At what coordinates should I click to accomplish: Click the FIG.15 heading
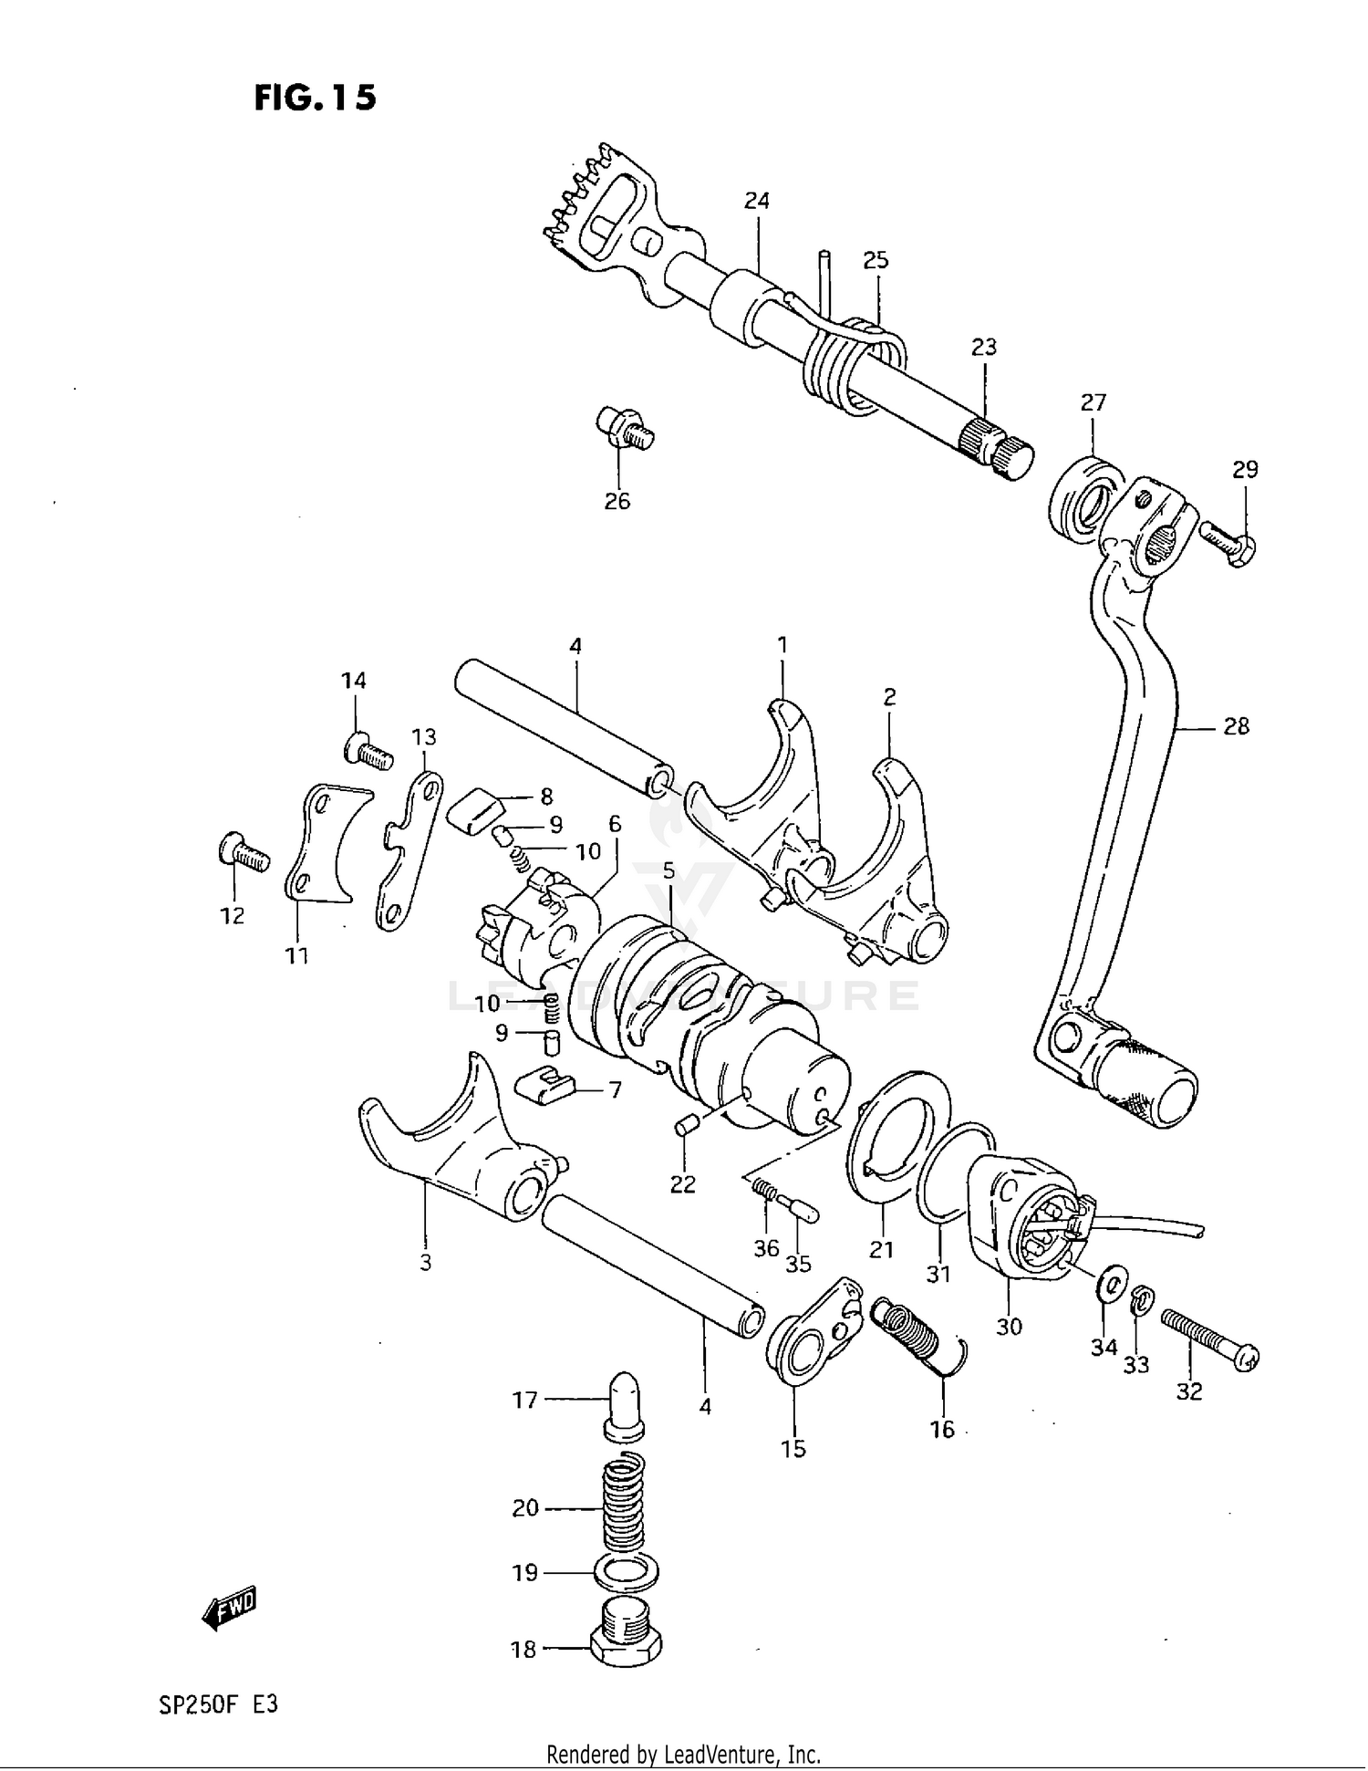(x=315, y=98)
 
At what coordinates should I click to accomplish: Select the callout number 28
(x=1236, y=727)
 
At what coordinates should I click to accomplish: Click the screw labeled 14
(x=368, y=750)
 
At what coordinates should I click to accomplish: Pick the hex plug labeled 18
(x=627, y=1644)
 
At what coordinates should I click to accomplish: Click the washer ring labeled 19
(x=626, y=1572)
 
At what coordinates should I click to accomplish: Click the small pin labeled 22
(x=686, y=1126)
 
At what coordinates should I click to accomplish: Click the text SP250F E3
(x=218, y=1703)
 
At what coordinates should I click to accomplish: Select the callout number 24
(x=756, y=201)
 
